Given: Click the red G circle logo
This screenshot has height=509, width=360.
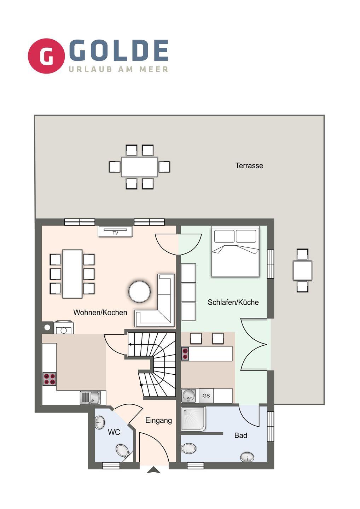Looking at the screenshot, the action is click(46, 56).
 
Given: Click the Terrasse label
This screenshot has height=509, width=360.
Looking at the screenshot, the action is click(249, 165).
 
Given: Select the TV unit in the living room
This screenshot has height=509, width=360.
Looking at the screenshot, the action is click(115, 231).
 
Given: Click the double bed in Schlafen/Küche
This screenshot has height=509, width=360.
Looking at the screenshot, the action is click(236, 251).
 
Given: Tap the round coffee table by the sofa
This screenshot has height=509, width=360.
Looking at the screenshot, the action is click(139, 292).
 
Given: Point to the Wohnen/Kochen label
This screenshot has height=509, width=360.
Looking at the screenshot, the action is click(100, 312).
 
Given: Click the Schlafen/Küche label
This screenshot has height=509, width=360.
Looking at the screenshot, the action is click(233, 302).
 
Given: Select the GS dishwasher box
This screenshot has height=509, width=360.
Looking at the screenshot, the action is click(206, 396).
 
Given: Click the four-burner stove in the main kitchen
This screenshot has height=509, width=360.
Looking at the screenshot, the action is click(50, 379).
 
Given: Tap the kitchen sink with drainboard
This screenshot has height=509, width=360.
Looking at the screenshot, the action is click(91, 398).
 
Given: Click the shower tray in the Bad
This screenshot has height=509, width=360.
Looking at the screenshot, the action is click(194, 419).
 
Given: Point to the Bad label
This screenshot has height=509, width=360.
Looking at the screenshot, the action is click(241, 435).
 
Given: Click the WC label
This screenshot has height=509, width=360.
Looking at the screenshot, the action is click(114, 432).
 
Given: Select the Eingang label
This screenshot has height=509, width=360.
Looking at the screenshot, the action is click(159, 421).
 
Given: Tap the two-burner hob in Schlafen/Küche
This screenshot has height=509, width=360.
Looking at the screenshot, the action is click(185, 353).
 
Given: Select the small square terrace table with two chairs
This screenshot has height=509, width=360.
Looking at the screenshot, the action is click(302, 270).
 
